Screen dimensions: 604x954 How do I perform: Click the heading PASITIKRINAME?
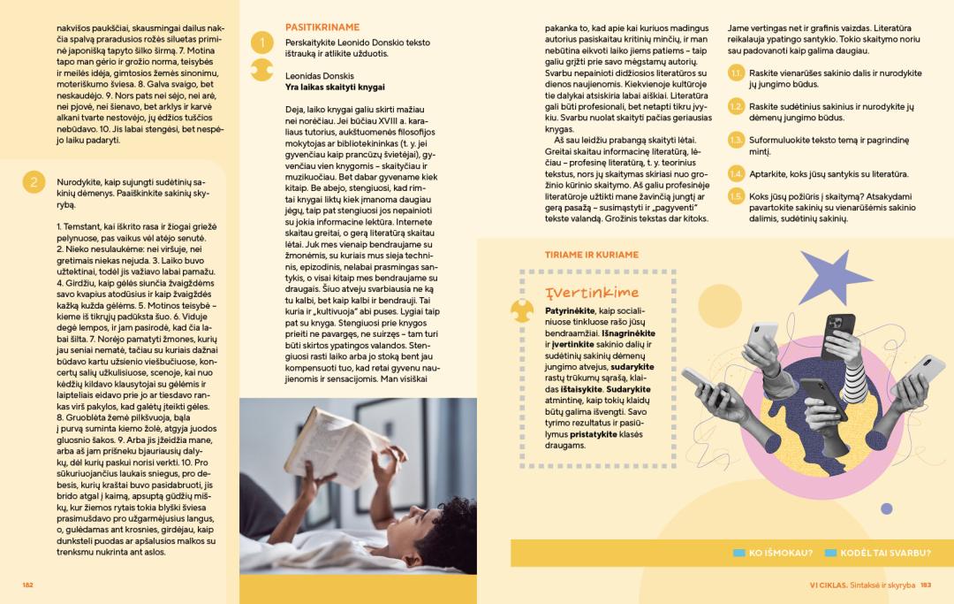tap(310, 28)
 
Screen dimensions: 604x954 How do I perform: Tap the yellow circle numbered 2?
tap(33, 183)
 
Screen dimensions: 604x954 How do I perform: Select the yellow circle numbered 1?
tap(261, 42)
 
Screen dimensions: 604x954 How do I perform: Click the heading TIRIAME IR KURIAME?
tap(592, 255)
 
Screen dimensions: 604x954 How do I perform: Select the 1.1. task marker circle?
tap(736, 74)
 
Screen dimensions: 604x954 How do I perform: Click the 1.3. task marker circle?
tap(736, 141)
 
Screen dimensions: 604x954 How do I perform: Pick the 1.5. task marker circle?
tap(736, 196)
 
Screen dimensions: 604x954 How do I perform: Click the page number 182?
tap(27, 585)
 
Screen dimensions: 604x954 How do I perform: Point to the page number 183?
tap(926, 585)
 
